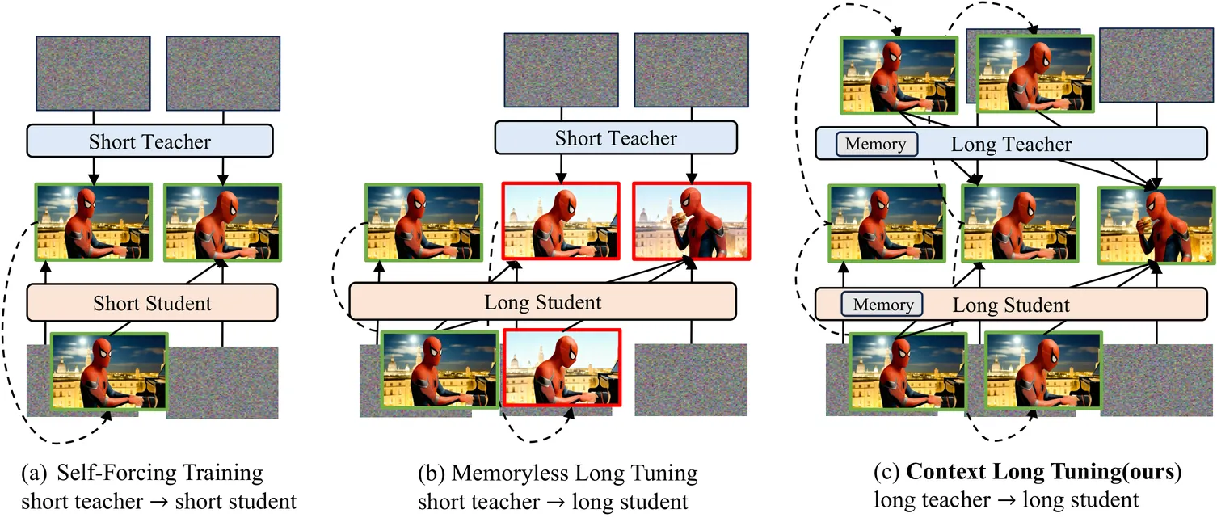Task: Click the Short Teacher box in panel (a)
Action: click(x=149, y=141)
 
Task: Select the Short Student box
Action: click(x=152, y=304)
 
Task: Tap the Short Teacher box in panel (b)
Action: click(x=616, y=138)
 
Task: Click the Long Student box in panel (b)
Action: click(x=542, y=302)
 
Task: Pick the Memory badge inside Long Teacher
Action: click(x=876, y=144)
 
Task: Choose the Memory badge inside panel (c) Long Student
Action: click(x=882, y=305)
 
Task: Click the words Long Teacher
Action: click(x=1011, y=145)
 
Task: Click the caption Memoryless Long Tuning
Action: click(x=575, y=472)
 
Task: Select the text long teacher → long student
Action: click(x=1006, y=500)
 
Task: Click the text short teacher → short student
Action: click(x=159, y=501)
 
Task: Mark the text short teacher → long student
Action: click(x=553, y=501)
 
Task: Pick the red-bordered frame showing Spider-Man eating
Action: click(x=692, y=220)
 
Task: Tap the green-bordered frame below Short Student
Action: click(x=108, y=372)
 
